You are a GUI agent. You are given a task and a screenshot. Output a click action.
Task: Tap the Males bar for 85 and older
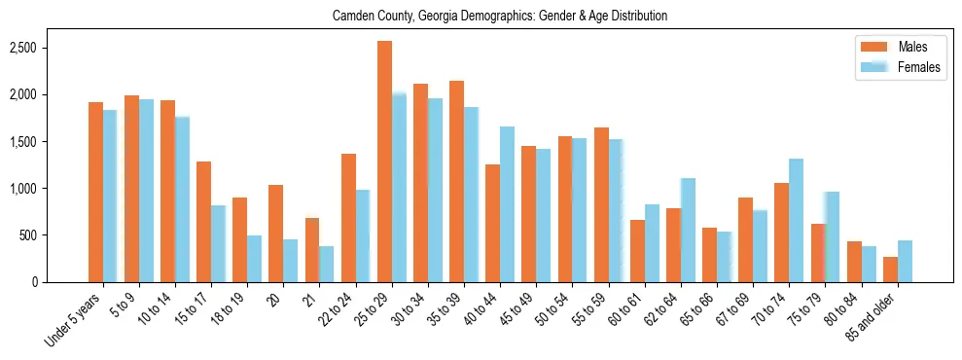[x=890, y=270]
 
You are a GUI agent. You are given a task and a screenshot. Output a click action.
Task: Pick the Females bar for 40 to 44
[x=507, y=204]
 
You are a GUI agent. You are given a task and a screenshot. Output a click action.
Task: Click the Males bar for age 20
[x=276, y=234]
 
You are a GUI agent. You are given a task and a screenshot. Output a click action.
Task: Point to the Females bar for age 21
[x=327, y=264]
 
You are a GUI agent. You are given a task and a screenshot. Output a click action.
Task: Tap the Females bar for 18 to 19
[x=254, y=259]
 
